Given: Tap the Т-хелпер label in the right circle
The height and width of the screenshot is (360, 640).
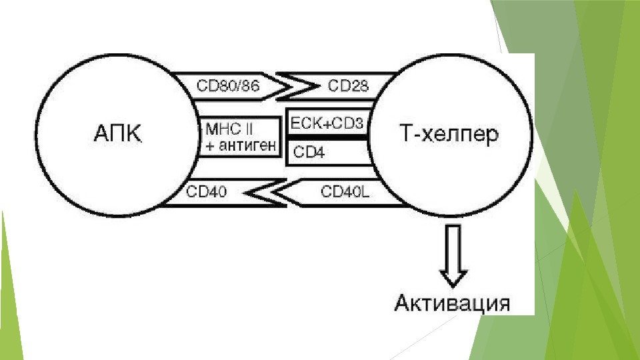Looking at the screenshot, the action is pos(442,134).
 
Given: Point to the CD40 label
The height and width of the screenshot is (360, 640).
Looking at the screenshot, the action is pos(206,192).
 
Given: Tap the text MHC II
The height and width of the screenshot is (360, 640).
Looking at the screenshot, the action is pos(233,127).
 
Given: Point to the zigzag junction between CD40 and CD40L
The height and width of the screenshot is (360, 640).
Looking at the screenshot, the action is pos(265,193).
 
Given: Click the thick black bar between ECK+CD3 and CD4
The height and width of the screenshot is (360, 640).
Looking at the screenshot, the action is pos(327,137).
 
